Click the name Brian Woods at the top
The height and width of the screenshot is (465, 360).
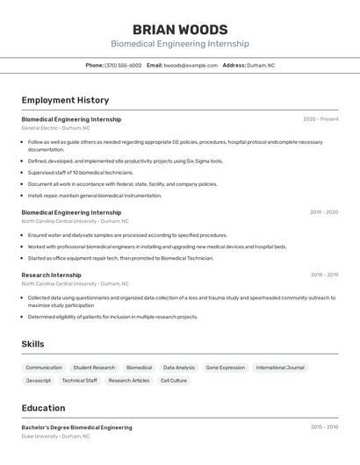point(179,29)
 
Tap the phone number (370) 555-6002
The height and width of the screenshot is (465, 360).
point(123,65)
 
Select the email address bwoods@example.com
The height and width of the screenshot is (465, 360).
point(191,65)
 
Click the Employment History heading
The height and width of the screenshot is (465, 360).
point(65,100)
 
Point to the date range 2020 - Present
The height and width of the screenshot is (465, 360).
point(320,119)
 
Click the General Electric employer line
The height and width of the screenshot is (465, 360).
point(55,128)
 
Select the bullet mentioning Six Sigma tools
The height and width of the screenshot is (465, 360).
point(126,161)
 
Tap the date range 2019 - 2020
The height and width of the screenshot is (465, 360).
point(323,212)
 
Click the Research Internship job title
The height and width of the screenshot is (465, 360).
point(51,275)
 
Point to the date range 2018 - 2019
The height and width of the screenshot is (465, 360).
point(324,275)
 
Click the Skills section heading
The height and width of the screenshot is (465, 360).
point(32,344)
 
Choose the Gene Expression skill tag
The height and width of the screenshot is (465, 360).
point(226,368)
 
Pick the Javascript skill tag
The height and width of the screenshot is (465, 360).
point(38,381)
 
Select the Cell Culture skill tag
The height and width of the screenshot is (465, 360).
point(173,381)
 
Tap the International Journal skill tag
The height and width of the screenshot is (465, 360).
point(280,368)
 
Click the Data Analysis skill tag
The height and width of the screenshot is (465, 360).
point(179,368)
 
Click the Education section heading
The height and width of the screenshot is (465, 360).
point(43,408)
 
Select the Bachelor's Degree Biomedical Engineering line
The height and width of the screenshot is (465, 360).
point(76,427)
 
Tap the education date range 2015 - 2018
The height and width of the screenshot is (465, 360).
point(324,427)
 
